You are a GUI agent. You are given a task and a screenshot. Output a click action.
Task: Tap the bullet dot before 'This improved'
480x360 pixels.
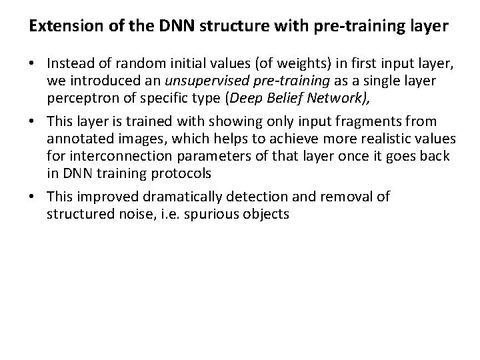coord(32,197)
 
